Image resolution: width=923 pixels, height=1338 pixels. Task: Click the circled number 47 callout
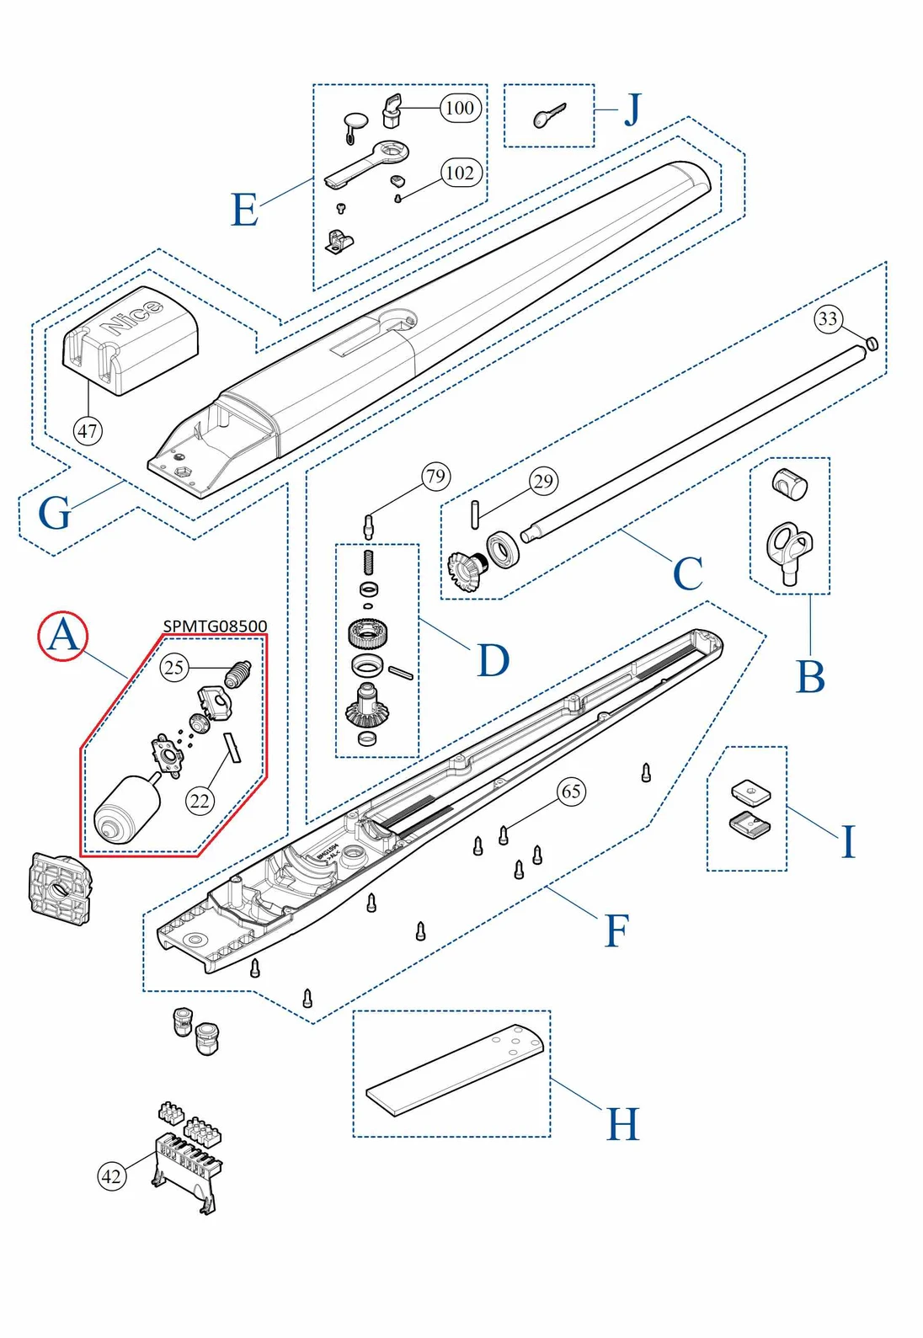click(88, 431)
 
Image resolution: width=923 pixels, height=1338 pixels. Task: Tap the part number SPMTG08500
click(215, 626)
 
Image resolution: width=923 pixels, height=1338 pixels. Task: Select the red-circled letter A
click(63, 636)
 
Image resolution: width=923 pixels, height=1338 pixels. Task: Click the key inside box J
click(548, 116)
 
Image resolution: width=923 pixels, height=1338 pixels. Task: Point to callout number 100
click(460, 108)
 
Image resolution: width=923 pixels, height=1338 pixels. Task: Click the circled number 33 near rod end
click(828, 318)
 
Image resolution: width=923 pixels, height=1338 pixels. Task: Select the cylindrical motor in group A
click(125, 809)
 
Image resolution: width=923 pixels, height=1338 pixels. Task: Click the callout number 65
click(571, 792)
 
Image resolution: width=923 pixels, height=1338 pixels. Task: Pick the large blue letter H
click(623, 1124)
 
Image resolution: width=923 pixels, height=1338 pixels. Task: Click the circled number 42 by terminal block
click(111, 1176)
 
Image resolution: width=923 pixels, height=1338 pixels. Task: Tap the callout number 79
click(435, 477)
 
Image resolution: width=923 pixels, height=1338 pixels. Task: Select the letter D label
click(494, 660)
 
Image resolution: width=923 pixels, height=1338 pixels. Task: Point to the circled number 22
click(200, 801)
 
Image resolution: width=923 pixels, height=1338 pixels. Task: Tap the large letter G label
click(55, 513)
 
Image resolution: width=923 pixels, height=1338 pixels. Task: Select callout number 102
click(460, 173)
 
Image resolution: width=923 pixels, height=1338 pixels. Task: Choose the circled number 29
click(543, 482)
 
